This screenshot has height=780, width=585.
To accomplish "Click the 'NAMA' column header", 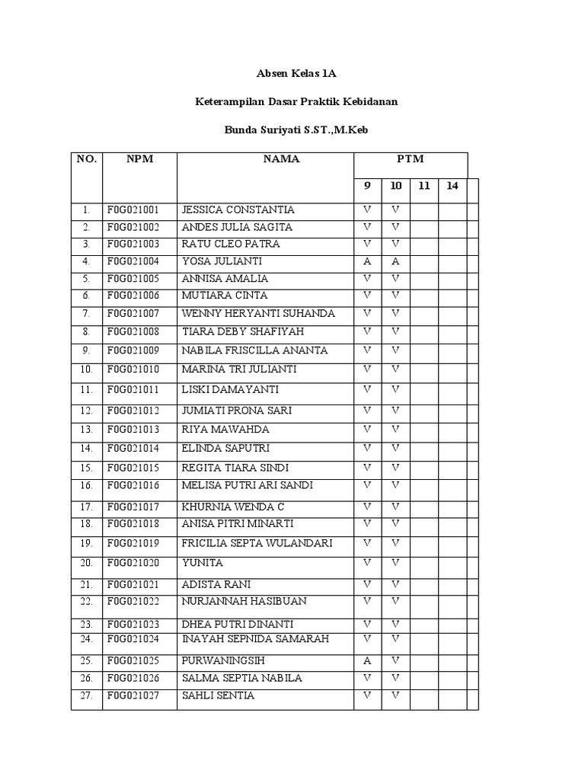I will pyautogui.click(x=281, y=159).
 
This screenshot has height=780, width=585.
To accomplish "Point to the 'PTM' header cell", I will pyautogui.click(x=410, y=159).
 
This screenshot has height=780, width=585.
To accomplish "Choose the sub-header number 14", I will pyautogui.click(x=452, y=186).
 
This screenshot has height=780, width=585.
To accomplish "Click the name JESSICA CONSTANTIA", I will pyautogui.click(x=238, y=209).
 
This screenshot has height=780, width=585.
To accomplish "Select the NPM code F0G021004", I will pyautogui.click(x=133, y=261).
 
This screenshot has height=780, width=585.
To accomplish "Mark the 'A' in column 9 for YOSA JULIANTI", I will pyautogui.click(x=367, y=261).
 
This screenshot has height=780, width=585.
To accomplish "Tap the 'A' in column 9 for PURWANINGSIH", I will pyautogui.click(x=367, y=660).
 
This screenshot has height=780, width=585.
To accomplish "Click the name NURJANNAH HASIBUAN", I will pyautogui.click(x=244, y=601).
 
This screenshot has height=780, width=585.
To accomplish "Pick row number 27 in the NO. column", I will pyautogui.click(x=86, y=695).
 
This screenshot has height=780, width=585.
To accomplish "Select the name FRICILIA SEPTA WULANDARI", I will pyautogui.click(x=257, y=543).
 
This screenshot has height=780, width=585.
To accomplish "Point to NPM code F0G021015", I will pyautogui.click(x=133, y=468).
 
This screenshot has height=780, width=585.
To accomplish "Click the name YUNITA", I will pyautogui.click(x=203, y=563).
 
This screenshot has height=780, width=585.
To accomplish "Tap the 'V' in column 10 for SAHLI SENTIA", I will pyautogui.click(x=395, y=695).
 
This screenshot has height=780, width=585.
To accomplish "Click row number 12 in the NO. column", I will pyautogui.click(x=86, y=411).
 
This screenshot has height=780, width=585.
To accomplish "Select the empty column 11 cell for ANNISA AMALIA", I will pyautogui.click(x=424, y=278).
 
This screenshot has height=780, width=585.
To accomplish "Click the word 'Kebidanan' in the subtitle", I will pyautogui.click(x=369, y=101).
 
